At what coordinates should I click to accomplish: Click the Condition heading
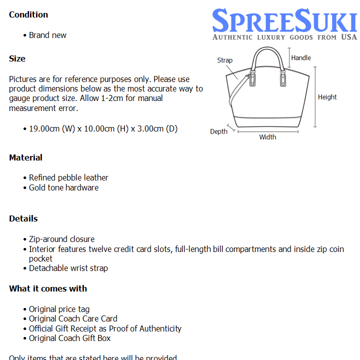point(28,14)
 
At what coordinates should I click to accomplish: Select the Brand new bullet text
point(47,35)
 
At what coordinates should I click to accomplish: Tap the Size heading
point(17,58)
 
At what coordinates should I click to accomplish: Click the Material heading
point(25,157)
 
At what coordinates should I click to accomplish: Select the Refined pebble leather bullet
point(68,177)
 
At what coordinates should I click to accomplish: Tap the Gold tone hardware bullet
point(63,187)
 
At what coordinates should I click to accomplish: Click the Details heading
point(23,218)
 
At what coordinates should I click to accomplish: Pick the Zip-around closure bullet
point(61,239)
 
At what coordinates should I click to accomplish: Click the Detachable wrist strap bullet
point(68,268)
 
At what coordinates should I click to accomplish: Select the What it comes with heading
point(48,288)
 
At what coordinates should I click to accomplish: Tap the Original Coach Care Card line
point(73,318)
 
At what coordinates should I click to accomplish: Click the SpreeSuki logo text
point(284,21)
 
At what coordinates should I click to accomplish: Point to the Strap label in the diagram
point(225,60)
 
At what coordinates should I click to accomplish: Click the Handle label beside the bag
point(301,57)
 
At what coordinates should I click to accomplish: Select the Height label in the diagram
point(327,97)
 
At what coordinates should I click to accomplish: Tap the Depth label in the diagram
point(218,131)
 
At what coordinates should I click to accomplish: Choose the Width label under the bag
point(267,137)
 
